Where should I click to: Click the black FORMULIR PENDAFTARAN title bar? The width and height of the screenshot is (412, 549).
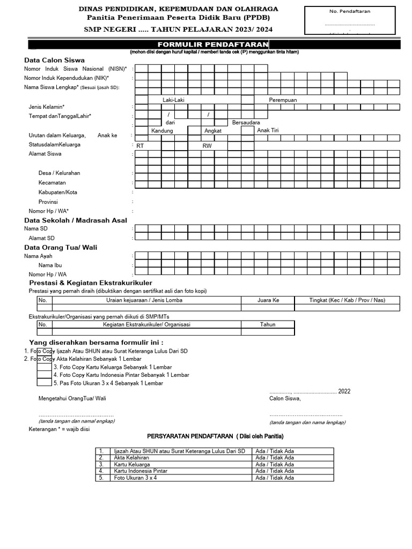tap(212, 44)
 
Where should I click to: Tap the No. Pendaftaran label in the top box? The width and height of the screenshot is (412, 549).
tap(350, 11)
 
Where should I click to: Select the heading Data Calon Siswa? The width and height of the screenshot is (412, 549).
tap(54, 60)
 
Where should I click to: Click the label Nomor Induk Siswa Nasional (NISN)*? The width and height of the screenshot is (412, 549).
tap(75, 69)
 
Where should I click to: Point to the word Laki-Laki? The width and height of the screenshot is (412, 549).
tap(173, 100)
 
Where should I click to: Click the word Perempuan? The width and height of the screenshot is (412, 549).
tap(283, 100)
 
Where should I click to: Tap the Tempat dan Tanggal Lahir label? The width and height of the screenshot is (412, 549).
tap(60, 116)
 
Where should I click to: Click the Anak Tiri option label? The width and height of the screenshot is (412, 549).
tap(268, 130)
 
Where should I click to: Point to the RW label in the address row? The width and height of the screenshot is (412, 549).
tap(207, 146)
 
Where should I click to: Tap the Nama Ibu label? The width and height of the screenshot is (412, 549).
tap(50, 265)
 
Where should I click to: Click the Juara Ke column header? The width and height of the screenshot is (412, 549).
tap(268, 300)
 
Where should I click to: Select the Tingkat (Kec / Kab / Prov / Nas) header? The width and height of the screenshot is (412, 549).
tap(347, 300)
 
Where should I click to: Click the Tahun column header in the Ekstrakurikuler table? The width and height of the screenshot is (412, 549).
tap(268, 324)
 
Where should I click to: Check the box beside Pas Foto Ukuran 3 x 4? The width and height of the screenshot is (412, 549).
tap(44, 382)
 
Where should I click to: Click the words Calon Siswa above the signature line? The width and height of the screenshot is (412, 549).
tap(285, 398)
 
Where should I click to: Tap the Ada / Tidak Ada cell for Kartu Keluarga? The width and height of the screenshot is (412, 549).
tap(275, 464)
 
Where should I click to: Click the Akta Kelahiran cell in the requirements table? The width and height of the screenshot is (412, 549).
tap(131, 458)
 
